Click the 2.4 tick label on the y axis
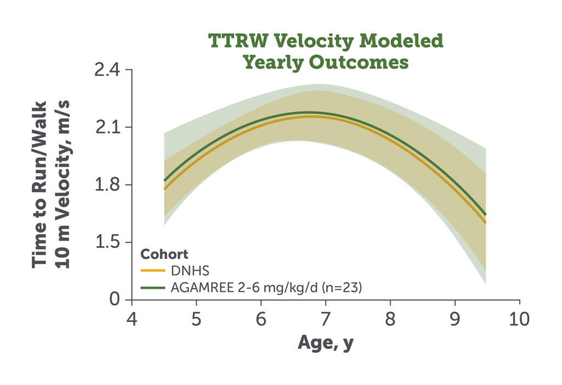[x=107, y=70]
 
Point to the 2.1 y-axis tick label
[x=107, y=127]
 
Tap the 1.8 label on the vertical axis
[x=107, y=185]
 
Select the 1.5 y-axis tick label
[x=107, y=242]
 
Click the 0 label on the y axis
[x=115, y=299]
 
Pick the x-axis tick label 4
[x=132, y=319]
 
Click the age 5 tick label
[x=196, y=319]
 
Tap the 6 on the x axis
[x=261, y=319]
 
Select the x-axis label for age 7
[x=325, y=319]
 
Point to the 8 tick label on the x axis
[x=390, y=319]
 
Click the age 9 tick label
[x=455, y=319]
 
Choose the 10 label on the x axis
[x=519, y=319]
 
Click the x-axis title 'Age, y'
[x=325, y=343]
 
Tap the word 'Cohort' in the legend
[x=164, y=254]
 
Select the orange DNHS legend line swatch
[x=153, y=271]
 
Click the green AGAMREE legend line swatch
[x=153, y=288]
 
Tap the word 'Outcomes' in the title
[x=358, y=62]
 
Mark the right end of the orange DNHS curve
[x=486, y=222]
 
